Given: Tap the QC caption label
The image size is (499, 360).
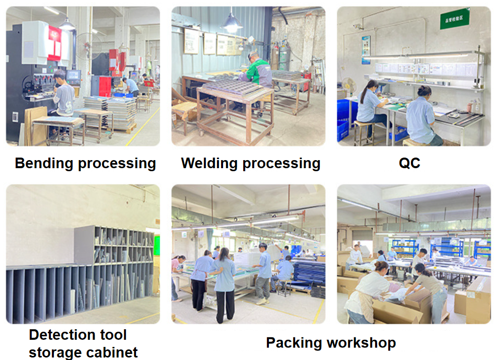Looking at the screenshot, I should pyautogui.click(x=409, y=164).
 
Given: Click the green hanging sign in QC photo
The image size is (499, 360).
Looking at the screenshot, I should pyautogui.click(x=454, y=21).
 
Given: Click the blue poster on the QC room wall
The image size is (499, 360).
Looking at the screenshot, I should pyautogui.click(x=366, y=50).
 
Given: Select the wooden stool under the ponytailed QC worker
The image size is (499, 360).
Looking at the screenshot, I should pyautogui.click(x=364, y=132).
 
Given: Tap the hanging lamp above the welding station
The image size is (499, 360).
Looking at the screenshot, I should pyautogui.click(x=232, y=23).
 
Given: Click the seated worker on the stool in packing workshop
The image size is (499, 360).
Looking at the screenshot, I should pyautogui.click(x=285, y=272).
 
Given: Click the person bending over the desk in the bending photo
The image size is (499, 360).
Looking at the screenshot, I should pyautogui.click(x=132, y=86).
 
